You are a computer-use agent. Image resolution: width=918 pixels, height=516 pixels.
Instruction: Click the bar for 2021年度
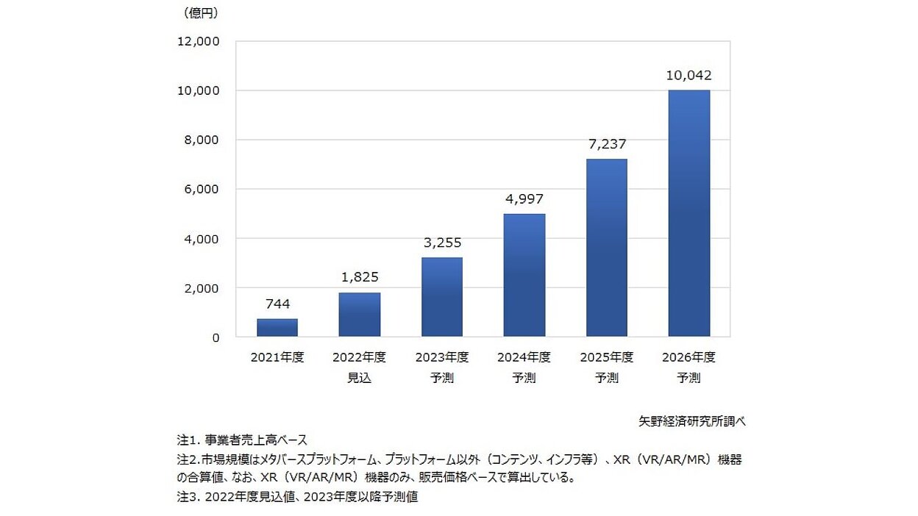click(x=277, y=328)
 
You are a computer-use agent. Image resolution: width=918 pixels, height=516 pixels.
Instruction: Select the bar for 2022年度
click(x=359, y=315)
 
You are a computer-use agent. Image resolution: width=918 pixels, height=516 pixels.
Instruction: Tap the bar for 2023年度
click(x=441, y=297)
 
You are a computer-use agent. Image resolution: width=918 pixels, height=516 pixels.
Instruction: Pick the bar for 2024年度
click(x=524, y=276)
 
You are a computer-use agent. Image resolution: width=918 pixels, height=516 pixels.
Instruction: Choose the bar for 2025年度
click(x=606, y=248)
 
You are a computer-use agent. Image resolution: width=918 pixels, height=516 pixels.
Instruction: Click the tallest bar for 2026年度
click(x=688, y=213)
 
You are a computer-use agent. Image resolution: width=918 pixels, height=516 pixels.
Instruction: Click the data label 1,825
click(x=359, y=278)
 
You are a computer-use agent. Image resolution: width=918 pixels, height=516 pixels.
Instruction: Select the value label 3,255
click(x=441, y=243)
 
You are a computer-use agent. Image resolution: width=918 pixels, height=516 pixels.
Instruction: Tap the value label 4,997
click(x=524, y=199)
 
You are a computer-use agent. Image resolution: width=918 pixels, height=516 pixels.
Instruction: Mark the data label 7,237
click(x=606, y=144)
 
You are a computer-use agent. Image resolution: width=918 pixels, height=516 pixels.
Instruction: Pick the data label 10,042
click(x=688, y=75)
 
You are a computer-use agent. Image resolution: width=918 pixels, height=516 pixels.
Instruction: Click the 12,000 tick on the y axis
click(x=199, y=41)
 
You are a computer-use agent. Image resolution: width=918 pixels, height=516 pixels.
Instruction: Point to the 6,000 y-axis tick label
click(x=202, y=189)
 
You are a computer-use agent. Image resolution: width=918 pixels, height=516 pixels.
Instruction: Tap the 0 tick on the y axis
click(x=216, y=337)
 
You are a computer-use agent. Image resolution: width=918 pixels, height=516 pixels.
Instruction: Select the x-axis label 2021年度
click(x=277, y=357)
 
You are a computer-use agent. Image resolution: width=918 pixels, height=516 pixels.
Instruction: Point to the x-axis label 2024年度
click(x=524, y=357)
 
